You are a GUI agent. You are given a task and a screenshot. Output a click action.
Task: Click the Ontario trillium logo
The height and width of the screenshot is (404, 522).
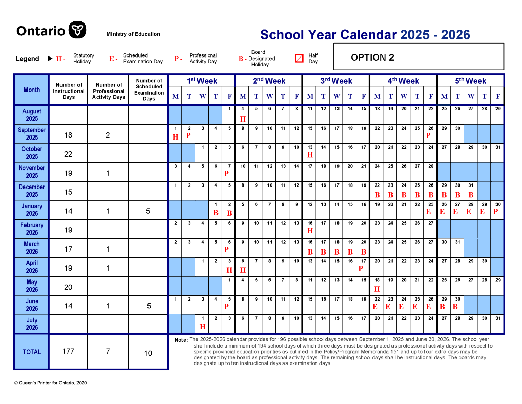(x=77, y=30)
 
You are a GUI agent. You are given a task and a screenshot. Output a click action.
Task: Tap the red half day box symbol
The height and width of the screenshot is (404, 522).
(x=299, y=59)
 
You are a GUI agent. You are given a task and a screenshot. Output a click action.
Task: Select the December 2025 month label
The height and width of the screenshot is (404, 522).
(x=32, y=191)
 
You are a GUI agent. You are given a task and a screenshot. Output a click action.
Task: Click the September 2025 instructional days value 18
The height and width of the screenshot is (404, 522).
(x=68, y=135)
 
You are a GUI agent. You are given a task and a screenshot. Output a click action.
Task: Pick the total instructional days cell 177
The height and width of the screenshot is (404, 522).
(x=68, y=351)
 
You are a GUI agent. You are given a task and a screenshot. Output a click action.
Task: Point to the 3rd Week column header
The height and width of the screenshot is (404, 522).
(x=336, y=81)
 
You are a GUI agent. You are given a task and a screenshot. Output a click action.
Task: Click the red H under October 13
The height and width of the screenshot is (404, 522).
(x=310, y=155)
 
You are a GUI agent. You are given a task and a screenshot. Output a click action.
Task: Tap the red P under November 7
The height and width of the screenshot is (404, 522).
(x=226, y=174)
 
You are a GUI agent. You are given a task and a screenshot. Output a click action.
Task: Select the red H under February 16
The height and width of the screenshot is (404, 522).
(x=310, y=231)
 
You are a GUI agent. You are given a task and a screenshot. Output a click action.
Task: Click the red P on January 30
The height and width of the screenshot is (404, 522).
(x=495, y=212)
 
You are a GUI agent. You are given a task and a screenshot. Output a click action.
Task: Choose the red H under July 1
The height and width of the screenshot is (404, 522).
(x=203, y=327)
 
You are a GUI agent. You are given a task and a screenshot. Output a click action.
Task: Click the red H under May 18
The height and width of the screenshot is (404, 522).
(x=377, y=289)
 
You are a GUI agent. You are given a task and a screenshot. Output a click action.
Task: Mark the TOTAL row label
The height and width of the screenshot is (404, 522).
(x=32, y=352)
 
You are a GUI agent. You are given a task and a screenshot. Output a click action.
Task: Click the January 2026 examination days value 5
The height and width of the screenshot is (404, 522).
(x=148, y=211)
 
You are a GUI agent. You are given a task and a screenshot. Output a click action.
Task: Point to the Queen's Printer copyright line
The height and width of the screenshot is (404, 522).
(x=50, y=383)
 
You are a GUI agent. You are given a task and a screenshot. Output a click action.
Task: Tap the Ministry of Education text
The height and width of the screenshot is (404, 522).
(x=133, y=34)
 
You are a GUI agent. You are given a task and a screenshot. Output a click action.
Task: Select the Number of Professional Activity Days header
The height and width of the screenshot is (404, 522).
(x=108, y=91)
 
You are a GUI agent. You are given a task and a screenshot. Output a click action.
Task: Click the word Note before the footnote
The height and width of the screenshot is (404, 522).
(x=181, y=340)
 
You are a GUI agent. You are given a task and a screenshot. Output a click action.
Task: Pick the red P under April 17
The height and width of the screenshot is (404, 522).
(x=361, y=269)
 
